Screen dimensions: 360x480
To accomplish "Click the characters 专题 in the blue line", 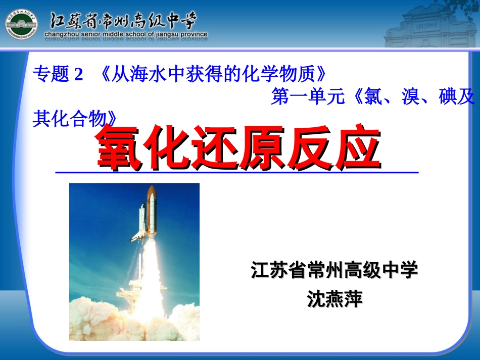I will (x=51, y=75).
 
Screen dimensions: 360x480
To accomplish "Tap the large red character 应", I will (x=357, y=146).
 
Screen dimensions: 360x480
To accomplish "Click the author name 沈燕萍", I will (x=335, y=299).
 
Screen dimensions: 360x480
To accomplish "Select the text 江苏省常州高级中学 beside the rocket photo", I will (x=334, y=271).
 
